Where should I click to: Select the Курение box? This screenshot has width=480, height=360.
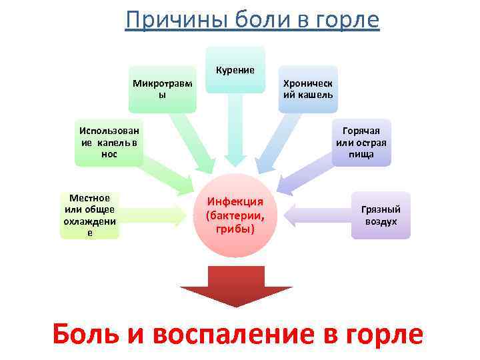pos(235,69)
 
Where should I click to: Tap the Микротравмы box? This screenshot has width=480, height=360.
pos(162,89)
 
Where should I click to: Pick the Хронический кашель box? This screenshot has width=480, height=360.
pos(307,89)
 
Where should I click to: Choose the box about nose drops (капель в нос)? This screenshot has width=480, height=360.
pos(108,143)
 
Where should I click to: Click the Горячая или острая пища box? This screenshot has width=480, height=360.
pos(361,143)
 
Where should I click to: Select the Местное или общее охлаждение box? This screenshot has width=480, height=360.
pos(90,215)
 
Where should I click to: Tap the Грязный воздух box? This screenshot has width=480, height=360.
pos(381,215)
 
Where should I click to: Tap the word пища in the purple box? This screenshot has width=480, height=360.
pos(361,155)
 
